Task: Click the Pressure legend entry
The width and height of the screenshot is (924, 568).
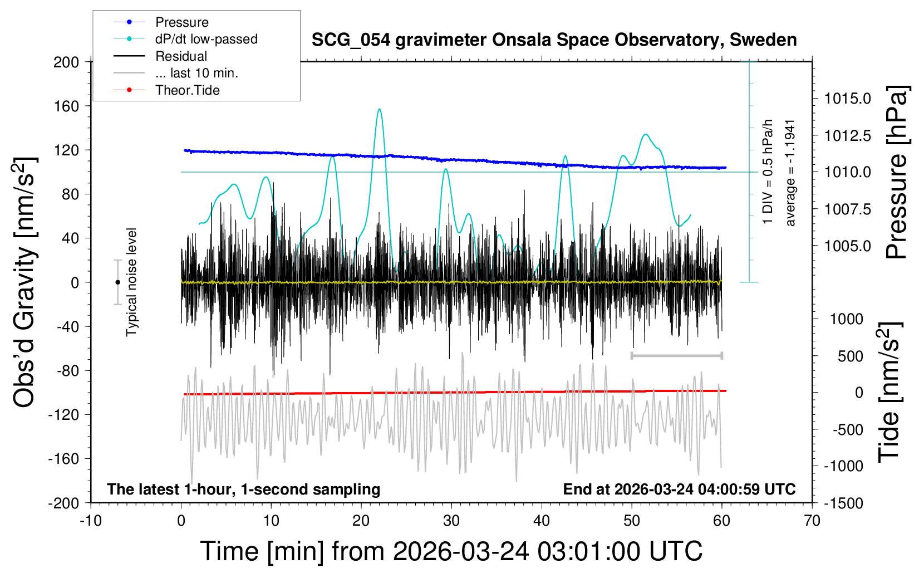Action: coord(181,22)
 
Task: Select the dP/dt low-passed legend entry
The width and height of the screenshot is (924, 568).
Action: coord(206,39)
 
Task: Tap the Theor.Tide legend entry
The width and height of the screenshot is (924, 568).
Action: coord(187,90)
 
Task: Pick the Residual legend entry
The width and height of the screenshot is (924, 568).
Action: coord(181,56)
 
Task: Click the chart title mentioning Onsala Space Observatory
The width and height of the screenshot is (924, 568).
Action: coord(554,40)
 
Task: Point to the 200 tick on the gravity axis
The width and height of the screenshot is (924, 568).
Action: coord(66,62)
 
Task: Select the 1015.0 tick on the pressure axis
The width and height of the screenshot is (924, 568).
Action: coord(847,99)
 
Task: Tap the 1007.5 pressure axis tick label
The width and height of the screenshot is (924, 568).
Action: coord(847,209)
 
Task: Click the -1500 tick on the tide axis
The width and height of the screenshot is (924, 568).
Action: coord(843,503)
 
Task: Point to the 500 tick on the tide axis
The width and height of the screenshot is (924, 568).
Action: coord(850,356)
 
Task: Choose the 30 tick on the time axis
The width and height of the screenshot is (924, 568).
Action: coord(451,521)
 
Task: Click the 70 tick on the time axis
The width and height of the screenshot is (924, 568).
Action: coord(812,521)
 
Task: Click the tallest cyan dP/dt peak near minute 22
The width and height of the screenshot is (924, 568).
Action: coord(380,109)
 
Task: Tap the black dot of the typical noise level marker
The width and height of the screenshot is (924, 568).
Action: coord(117,282)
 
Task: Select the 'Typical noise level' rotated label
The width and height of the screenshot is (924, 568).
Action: coord(131,282)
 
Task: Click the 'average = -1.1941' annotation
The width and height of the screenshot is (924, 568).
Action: coord(790,173)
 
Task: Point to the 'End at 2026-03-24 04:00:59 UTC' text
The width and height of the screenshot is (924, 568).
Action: coord(679,489)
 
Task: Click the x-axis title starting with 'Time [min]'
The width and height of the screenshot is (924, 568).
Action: coord(451,551)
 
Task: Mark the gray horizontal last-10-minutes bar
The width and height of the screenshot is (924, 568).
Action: coord(676,355)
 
